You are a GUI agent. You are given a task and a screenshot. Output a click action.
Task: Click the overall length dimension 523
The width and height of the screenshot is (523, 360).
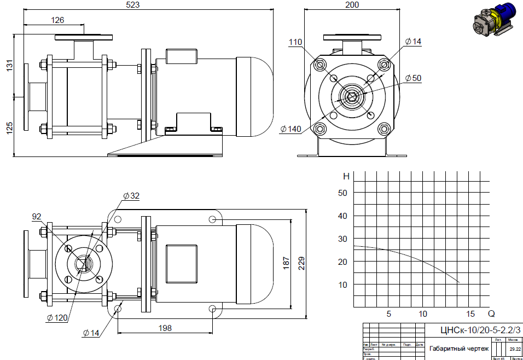[133, 5]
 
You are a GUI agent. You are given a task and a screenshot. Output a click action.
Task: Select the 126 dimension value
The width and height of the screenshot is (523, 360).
[57, 20]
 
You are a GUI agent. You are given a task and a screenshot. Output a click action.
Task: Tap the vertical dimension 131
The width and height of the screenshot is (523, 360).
[9, 66]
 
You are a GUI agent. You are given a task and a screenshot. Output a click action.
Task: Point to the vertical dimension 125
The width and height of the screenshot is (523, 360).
[9, 129]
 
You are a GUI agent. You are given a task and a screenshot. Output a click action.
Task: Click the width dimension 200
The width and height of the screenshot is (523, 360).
[352, 5]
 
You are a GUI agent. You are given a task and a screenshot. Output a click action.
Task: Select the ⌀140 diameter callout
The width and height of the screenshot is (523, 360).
[290, 129]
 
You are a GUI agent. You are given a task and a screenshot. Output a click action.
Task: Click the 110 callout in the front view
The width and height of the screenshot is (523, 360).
[296, 42]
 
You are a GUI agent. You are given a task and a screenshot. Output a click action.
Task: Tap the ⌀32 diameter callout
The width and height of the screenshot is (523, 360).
[131, 195]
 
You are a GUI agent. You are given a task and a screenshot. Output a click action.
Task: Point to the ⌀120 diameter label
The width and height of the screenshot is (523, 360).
[57, 317]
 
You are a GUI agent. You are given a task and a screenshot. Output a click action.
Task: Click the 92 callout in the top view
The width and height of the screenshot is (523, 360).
[37, 217]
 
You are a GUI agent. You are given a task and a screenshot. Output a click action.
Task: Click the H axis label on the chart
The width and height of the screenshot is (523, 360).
[346, 176]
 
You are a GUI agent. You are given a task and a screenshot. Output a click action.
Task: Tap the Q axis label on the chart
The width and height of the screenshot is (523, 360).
[491, 314]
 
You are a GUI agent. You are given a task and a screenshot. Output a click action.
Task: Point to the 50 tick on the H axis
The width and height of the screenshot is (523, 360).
[342, 193]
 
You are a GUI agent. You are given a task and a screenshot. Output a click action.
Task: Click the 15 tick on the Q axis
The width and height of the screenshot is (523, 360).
[470, 314]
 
